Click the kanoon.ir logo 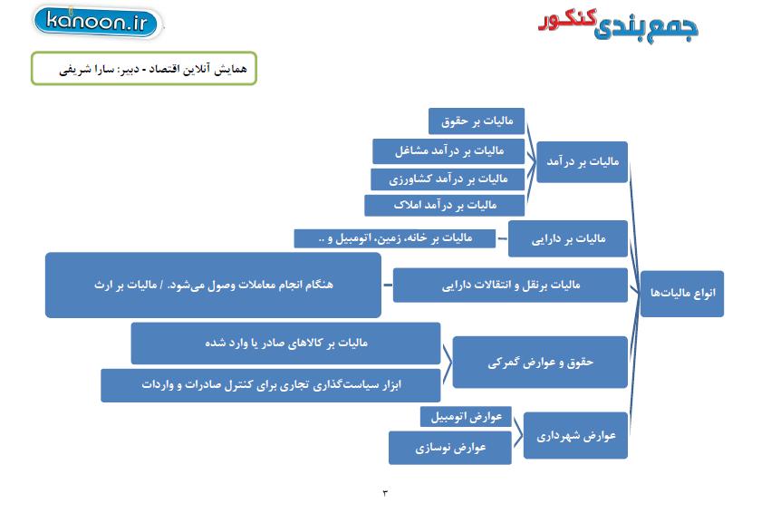97,22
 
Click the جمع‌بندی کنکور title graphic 619,24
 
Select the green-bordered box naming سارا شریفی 144,68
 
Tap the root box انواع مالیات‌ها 682,294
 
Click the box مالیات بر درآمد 583,162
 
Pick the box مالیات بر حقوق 477,121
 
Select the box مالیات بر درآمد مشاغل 448,151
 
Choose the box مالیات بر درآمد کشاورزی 448,179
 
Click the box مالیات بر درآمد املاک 445,205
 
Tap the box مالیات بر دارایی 568,238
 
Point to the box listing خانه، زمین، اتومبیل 394,238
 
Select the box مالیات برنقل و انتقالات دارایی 510,285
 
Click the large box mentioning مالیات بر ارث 213,286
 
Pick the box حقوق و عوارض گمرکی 540,363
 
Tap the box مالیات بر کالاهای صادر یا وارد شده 285,344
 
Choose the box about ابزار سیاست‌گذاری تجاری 271,385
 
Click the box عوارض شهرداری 575,436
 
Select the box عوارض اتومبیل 466,417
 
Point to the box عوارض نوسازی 450,448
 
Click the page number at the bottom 385,493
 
